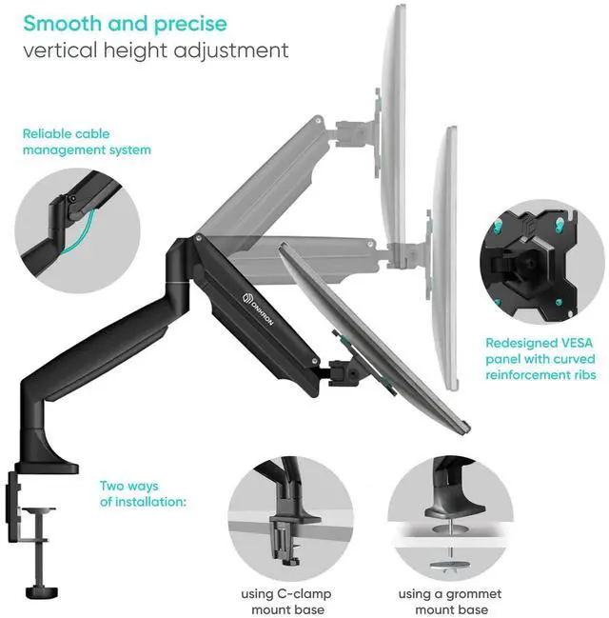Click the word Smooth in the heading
[59, 22]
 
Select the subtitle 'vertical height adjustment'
[155, 50]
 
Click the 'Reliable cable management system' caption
[87, 142]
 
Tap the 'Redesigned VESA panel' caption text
[540, 359]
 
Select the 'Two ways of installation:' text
[143, 493]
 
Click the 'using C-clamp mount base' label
[285, 601]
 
